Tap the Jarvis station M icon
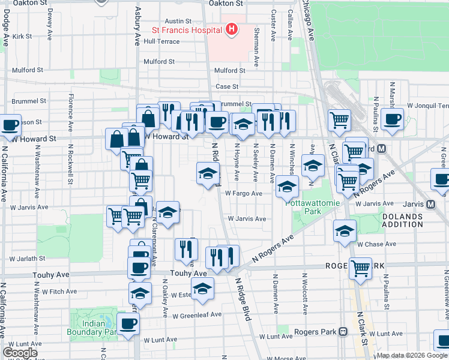tap(431, 204)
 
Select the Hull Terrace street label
tap(161, 41)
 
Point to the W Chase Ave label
tap(376, 244)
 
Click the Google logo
tap(20, 353)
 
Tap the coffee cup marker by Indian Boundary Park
tap(128, 325)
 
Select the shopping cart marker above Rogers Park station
tap(360, 268)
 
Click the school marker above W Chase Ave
tap(345, 231)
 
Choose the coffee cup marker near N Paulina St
tap(392, 119)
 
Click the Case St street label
tap(228, 86)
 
